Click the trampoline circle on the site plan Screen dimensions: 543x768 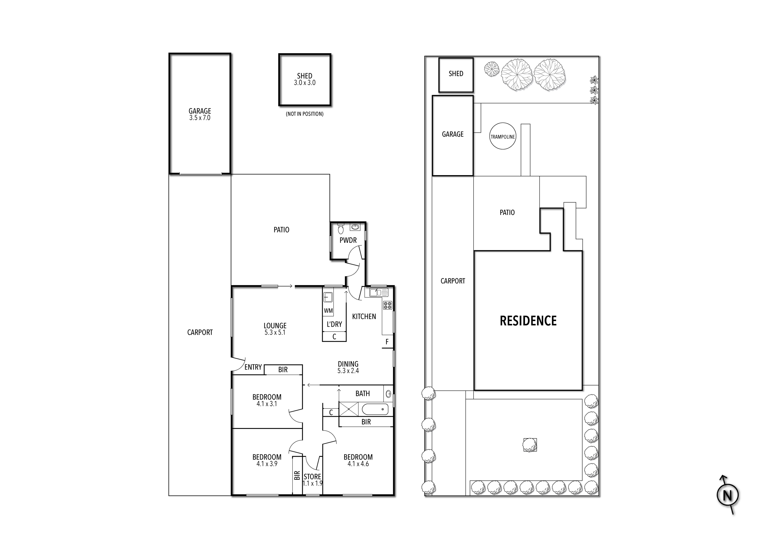(502, 137)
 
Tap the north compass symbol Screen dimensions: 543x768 (728, 495)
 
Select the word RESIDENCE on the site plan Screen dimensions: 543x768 (528, 321)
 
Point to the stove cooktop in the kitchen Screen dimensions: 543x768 (388, 305)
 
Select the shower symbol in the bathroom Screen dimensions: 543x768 (349, 409)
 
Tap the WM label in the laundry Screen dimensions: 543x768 (328, 311)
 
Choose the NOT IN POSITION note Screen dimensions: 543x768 (304, 114)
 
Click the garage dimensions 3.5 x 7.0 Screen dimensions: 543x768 (200, 118)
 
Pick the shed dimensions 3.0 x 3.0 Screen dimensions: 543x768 (304, 83)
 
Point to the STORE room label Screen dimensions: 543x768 (312, 476)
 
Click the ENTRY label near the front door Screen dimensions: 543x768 (253, 367)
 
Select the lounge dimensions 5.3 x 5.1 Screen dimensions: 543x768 (275, 332)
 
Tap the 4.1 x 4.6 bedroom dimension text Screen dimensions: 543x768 (358, 464)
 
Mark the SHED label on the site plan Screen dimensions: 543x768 (456, 74)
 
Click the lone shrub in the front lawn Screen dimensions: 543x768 (530, 445)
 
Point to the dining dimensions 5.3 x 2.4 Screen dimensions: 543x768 (348, 371)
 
